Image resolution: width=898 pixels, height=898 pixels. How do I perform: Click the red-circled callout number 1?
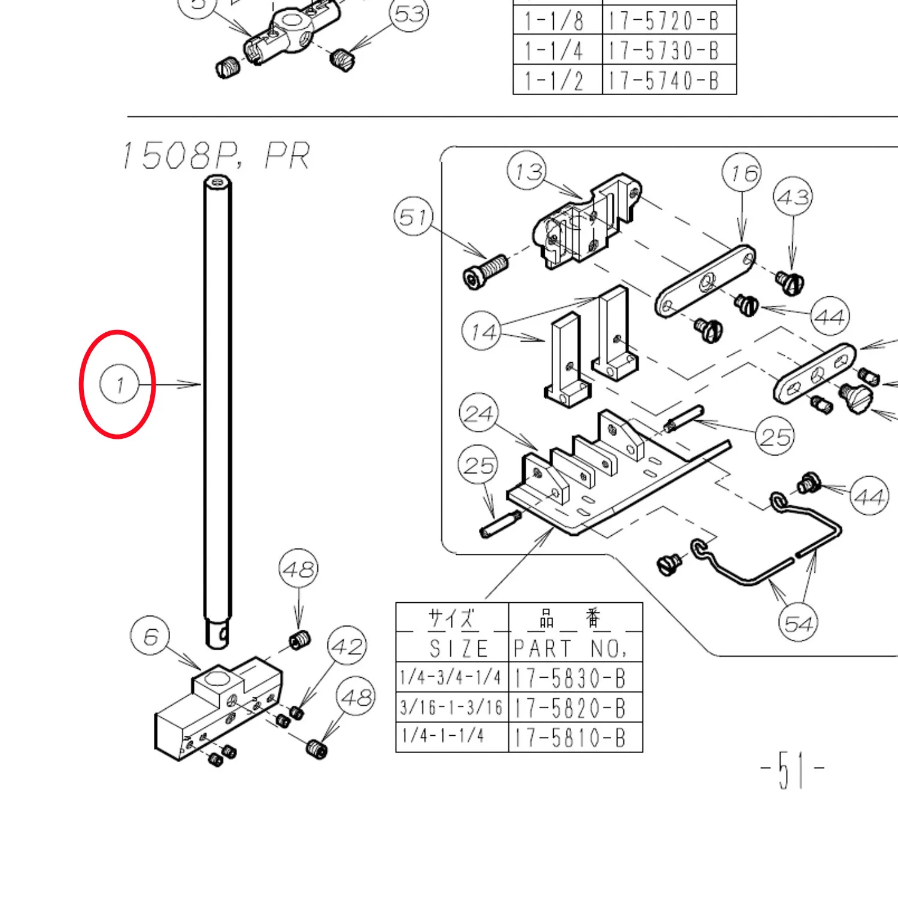[119, 384]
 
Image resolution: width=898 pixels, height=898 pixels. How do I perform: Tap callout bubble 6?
[150, 636]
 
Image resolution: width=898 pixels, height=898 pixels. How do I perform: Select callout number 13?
[527, 171]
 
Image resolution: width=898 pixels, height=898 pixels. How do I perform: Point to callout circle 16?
[742, 173]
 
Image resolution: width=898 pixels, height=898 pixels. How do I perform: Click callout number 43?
[793, 196]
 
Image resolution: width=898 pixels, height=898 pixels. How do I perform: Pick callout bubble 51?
[414, 216]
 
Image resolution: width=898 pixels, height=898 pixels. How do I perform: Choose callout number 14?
[482, 332]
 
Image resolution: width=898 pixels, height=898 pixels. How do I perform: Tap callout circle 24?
[479, 413]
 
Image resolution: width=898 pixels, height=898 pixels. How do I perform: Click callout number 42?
[347, 646]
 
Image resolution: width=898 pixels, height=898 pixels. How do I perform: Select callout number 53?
[409, 14]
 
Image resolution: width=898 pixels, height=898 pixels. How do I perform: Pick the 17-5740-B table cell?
[669, 80]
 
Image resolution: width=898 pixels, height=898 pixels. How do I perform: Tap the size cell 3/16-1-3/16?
[452, 707]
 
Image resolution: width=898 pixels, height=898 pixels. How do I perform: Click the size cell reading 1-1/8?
[557, 20]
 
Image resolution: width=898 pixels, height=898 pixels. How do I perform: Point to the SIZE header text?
[459, 648]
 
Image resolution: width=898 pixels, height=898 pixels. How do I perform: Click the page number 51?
[792, 769]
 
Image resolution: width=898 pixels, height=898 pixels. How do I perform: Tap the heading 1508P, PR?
[216, 156]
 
